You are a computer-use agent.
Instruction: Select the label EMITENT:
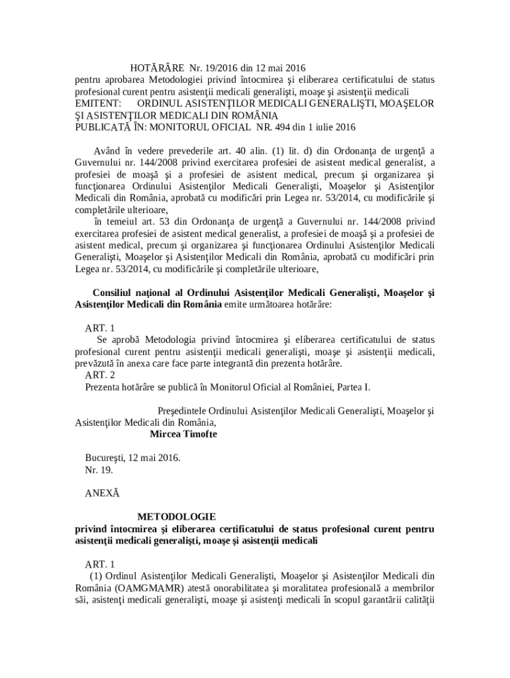[96, 103]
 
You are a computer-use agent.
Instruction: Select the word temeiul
[119, 222]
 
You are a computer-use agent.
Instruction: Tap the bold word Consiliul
[114, 293]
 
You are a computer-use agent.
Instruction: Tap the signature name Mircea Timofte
[183, 434]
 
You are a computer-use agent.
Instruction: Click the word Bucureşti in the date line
[105, 458]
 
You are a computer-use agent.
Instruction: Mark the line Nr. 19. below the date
[99, 470]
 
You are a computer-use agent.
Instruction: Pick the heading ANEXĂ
[103, 493]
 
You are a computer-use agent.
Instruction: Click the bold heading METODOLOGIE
[176, 516]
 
